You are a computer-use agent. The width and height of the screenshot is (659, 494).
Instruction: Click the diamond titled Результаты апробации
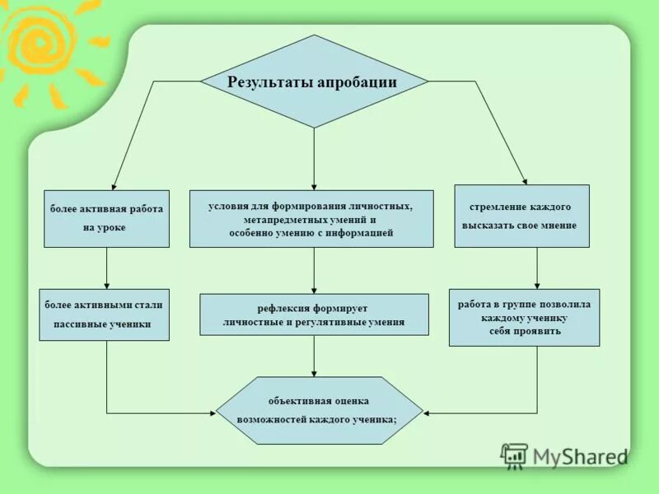314,82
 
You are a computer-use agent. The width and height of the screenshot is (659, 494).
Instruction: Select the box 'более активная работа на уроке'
106,218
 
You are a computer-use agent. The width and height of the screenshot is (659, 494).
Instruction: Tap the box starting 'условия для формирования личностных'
311,219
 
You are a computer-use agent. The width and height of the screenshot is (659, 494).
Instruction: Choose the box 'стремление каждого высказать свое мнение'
521,216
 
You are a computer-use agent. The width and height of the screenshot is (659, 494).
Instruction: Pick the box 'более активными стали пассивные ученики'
104,315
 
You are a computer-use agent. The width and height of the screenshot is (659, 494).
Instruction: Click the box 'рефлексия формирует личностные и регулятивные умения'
314,315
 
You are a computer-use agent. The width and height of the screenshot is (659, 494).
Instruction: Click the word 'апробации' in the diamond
358,82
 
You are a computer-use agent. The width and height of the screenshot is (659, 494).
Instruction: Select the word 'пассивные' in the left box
78,324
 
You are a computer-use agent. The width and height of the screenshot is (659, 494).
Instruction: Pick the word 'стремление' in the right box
493,207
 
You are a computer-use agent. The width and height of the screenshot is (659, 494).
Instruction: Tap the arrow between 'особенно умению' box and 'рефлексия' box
314,270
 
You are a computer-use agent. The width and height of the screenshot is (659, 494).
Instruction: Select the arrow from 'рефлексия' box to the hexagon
314,356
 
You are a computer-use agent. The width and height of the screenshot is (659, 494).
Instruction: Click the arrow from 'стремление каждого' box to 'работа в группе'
537,268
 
